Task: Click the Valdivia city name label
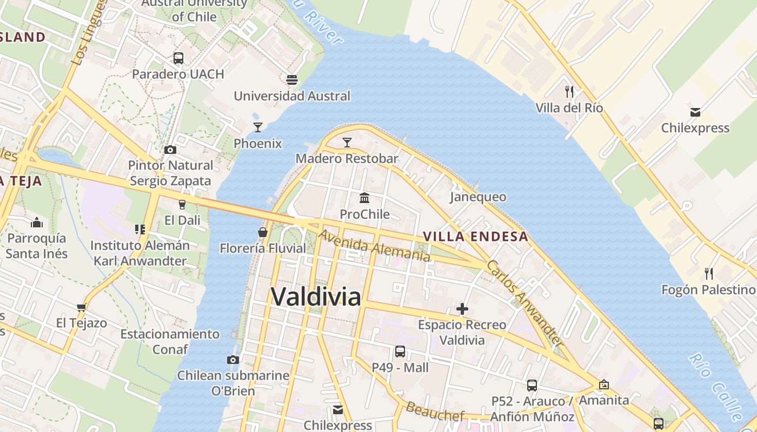[316, 296]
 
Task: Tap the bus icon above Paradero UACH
[178, 58]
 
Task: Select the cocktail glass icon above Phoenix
[258, 127]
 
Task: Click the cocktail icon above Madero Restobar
[347, 142]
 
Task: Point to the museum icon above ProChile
[364, 198]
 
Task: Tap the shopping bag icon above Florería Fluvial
[263, 232]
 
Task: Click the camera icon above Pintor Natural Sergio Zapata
[170, 150]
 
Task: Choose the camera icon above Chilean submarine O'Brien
[233, 360]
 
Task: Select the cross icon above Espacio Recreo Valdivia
[462, 309]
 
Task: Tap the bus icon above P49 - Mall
[400, 352]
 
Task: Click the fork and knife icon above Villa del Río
[569, 91]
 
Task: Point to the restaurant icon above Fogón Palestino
[709, 273]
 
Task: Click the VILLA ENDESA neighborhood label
[475, 237]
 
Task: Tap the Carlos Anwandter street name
[525, 304]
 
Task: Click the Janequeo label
[478, 197]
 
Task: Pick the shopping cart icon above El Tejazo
[82, 307]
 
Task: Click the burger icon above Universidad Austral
[292, 80]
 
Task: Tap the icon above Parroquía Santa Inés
[37, 222]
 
